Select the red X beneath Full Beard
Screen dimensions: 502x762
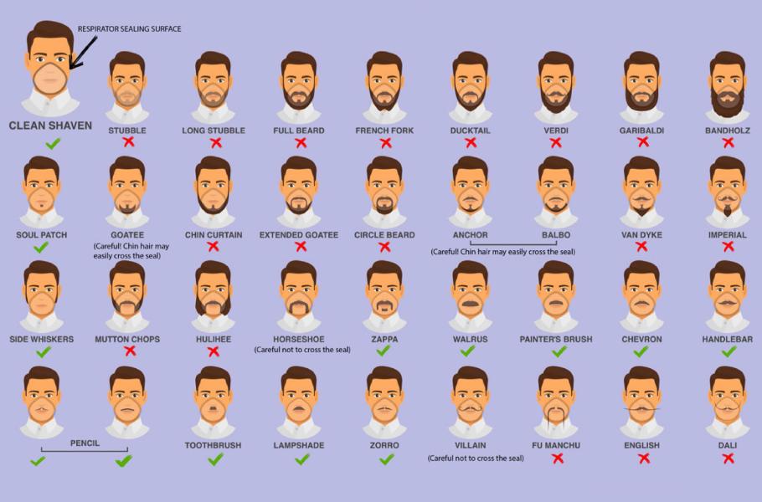pos(300,142)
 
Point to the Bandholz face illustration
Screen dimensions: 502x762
pos(728,87)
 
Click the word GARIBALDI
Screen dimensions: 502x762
pos(642,131)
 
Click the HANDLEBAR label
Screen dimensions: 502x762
pos(727,340)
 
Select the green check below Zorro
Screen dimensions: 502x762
pos(386,459)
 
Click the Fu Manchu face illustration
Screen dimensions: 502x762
pos(556,402)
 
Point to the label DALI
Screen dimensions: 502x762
pos(727,445)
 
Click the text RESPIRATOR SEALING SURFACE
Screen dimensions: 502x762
pos(129,29)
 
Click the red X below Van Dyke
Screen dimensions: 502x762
pos(641,247)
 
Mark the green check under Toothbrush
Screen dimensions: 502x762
pos(215,459)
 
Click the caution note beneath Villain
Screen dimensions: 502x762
pos(476,458)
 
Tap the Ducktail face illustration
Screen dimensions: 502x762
pos(470,87)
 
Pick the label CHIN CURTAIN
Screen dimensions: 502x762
pos(214,235)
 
